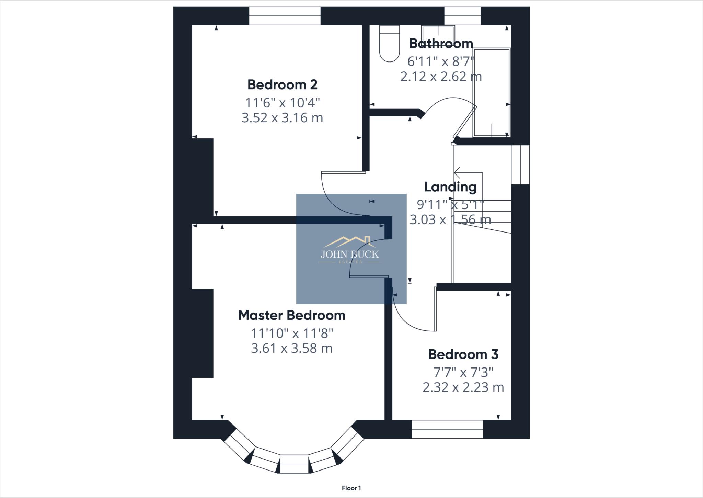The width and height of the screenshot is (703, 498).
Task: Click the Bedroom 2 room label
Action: pyautogui.click(x=282, y=84)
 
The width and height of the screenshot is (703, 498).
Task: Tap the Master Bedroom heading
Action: pyautogui.click(x=292, y=315)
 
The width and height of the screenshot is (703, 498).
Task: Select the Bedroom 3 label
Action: pyautogui.click(x=463, y=354)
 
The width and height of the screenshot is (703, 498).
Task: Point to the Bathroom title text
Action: pyautogui.click(x=441, y=44)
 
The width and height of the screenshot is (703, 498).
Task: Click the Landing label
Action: pyautogui.click(x=450, y=187)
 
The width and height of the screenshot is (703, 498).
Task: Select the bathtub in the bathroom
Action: pyautogui.click(x=492, y=93)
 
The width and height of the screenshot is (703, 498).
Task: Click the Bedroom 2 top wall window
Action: pyautogui.click(x=285, y=16)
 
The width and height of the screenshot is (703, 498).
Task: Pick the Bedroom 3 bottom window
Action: pyautogui.click(x=447, y=429)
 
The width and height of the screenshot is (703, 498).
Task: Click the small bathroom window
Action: pyautogui.click(x=462, y=16)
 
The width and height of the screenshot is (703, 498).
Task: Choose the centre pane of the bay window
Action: pyautogui.click(x=295, y=464)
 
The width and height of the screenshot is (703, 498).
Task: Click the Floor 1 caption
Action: pyautogui.click(x=351, y=488)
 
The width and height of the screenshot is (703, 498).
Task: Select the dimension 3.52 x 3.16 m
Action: pyautogui.click(x=282, y=118)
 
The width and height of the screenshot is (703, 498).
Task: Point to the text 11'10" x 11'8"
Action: pyautogui.click(x=292, y=333)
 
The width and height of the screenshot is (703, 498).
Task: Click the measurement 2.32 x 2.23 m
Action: pyautogui.click(x=463, y=387)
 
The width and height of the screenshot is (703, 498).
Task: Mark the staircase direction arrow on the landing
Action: pyautogui.click(x=458, y=172)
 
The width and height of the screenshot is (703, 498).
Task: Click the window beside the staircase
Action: pyautogui.click(x=520, y=165)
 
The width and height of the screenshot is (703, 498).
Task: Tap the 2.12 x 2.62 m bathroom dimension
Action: pyautogui.click(x=441, y=77)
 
